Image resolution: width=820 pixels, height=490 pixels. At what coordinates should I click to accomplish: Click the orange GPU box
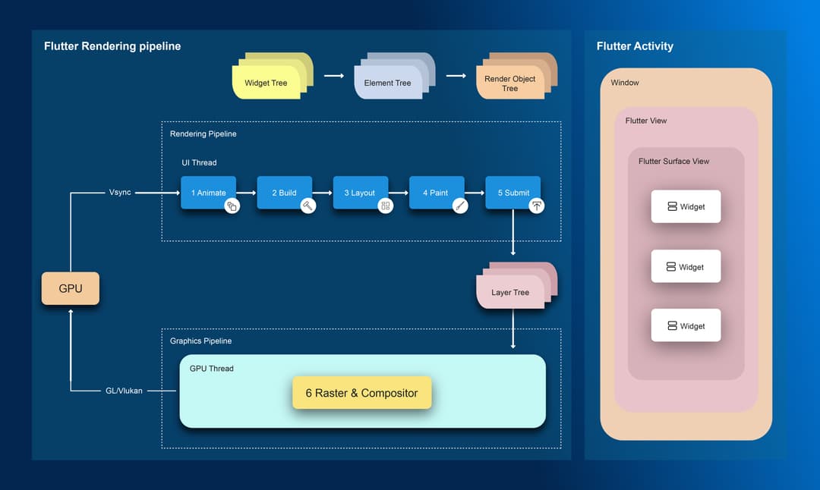(70, 288)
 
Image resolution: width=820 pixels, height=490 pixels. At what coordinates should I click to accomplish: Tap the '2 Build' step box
(284, 193)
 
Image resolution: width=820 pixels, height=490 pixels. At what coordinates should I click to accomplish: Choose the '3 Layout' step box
(360, 193)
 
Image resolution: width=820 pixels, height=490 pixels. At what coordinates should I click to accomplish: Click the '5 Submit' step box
(512, 193)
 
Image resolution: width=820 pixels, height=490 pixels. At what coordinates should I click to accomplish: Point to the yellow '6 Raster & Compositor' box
(361, 393)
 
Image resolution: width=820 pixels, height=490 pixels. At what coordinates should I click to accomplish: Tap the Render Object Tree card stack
(511, 82)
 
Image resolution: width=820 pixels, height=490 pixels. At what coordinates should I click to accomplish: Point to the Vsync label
(120, 193)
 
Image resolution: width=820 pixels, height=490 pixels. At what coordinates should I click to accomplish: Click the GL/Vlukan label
(124, 391)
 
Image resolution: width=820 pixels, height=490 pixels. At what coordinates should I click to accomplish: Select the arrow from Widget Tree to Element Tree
(334, 76)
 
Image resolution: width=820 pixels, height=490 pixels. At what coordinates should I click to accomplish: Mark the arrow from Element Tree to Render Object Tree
(456, 76)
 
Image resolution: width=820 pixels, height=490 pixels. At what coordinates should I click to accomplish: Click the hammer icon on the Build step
(307, 206)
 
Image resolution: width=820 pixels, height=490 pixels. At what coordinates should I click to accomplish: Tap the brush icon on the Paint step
(459, 206)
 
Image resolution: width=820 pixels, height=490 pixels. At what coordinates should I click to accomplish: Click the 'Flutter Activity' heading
(635, 46)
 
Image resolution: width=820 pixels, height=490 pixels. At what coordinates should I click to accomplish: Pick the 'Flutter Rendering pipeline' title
(112, 46)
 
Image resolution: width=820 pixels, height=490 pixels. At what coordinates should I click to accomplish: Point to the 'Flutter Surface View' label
(673, 161)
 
